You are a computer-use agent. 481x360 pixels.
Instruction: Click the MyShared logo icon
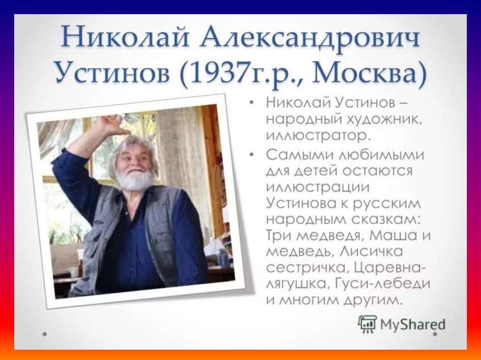click(x=367, y=323)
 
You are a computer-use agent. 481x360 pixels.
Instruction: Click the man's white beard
click(x=135, y=179)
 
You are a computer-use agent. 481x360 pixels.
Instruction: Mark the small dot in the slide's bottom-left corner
click(x=45, y=335)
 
